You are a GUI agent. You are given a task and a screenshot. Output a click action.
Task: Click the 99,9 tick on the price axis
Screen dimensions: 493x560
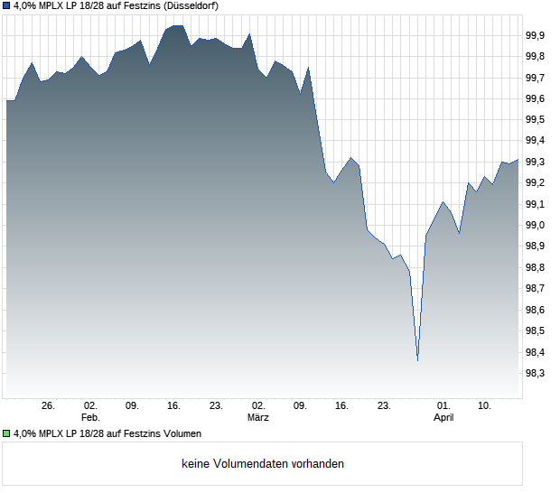535,35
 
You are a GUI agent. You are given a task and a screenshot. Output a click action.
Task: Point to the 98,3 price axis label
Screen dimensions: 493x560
535,373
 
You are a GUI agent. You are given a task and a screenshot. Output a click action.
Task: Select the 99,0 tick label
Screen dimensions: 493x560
535,225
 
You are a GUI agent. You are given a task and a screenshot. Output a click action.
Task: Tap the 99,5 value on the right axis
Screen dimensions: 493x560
535,119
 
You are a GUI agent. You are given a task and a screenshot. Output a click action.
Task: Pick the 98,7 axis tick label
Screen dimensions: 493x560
535,288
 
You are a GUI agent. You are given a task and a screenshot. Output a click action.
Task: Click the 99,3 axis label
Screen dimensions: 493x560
535,162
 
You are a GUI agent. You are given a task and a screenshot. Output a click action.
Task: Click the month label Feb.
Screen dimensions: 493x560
89,418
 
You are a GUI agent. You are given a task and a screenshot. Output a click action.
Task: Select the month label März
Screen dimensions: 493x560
259,418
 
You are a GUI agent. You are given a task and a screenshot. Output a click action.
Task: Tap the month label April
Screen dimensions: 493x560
443,418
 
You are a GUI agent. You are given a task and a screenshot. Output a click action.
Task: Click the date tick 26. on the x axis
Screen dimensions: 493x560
48,406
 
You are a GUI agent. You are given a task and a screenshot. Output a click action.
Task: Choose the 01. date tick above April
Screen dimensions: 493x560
443,406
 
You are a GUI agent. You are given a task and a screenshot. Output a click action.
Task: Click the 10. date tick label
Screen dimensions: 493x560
485,406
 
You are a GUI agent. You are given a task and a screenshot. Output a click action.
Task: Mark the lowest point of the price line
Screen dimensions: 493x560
417,360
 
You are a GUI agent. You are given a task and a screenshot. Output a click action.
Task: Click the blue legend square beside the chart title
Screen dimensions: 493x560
7,5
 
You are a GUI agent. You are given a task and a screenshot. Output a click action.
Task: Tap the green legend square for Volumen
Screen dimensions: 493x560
7,433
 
